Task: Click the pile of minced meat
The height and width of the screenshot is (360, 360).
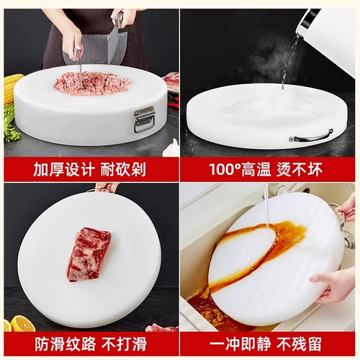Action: pos(91,83)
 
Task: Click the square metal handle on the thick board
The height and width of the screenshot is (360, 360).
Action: pos(144,119)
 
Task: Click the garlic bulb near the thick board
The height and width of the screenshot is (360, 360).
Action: pos(171,148)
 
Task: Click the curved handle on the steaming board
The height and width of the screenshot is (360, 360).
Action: pos(311,135)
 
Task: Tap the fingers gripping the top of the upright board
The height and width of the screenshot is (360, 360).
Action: pos(106,188)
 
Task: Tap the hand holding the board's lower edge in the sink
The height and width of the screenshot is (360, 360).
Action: pos(335,284)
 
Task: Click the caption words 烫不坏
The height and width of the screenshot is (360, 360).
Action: pos(311,169)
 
